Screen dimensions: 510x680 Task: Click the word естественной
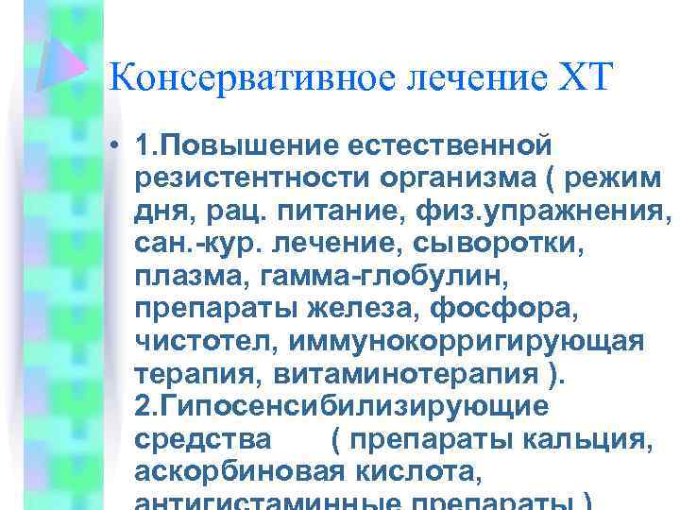450,146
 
